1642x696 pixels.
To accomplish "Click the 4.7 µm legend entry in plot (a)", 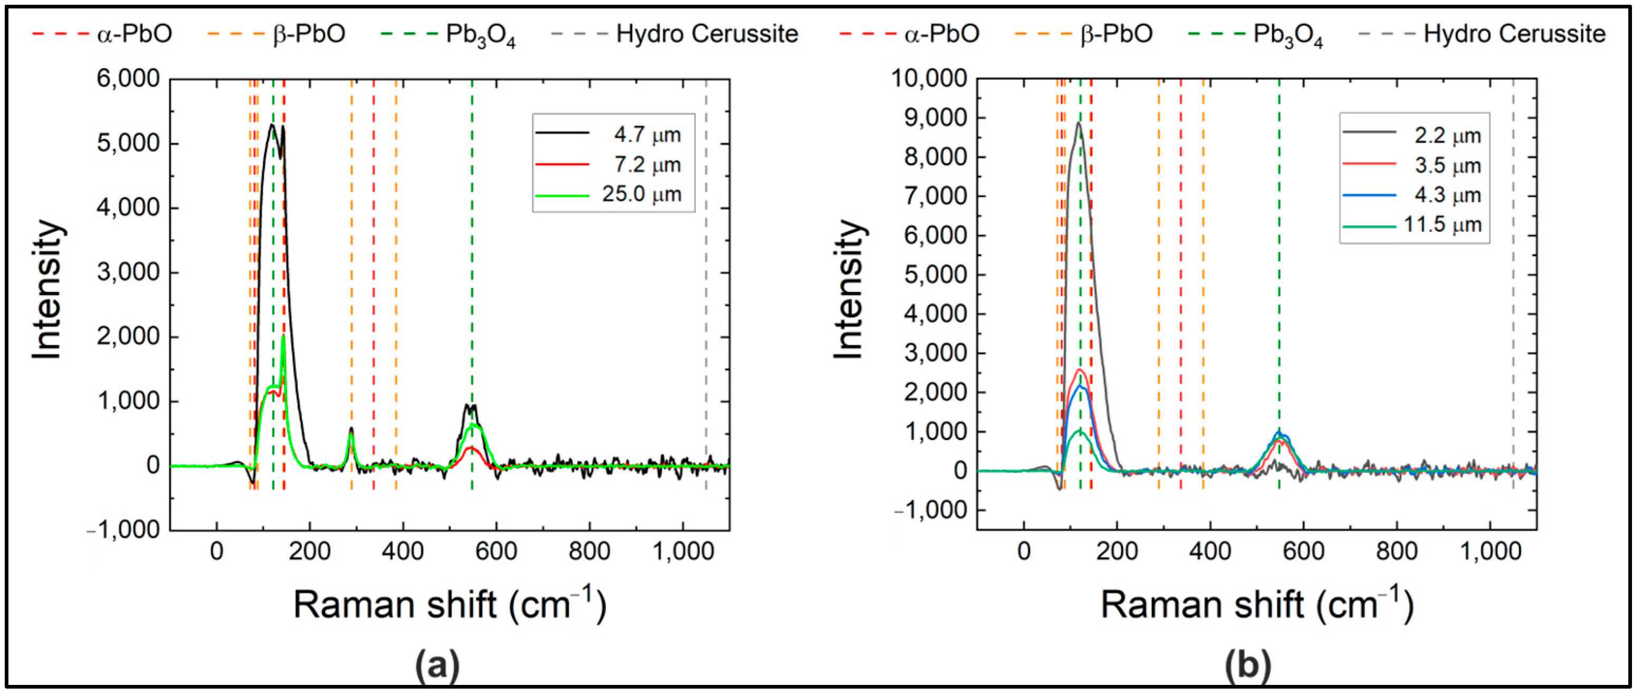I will click(646, 135).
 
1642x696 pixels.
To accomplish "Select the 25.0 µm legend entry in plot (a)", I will click(641, 194).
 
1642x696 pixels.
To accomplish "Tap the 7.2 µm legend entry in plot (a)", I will click(646, 165).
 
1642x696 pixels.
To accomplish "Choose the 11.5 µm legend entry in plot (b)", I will click(1443, 225).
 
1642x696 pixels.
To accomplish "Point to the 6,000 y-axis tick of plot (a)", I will click(128, 79).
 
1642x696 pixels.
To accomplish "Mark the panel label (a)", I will click(437, 665).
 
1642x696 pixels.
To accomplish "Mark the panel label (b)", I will click(1247, 665).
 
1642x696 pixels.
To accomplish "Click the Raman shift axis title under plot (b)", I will click(1257, 604).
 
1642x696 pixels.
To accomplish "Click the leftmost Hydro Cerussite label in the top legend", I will click(707, 34).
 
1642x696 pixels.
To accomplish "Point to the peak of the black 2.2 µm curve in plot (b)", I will click(1078, 123).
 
